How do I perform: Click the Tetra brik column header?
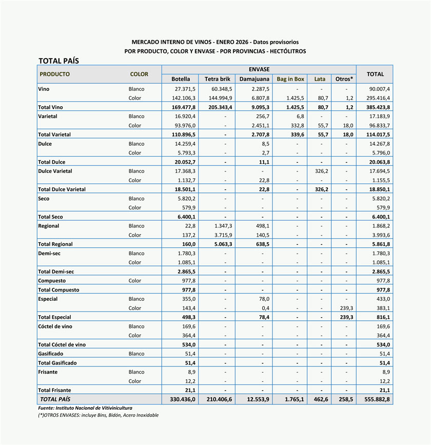click(x=218, y=79)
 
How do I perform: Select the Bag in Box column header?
click(x=290, y=79)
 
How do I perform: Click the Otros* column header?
click(x=344, y=79)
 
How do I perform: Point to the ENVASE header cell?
click(x=259, y=69)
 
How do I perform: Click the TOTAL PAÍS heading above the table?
click(x=58, y=61)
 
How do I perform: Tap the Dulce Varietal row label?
click(x=55, y=171)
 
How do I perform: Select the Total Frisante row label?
click(x=54, y=390)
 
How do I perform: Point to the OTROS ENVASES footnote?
click(x=98, y=415)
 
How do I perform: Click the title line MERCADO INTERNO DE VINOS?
click(x=215, y=42)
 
